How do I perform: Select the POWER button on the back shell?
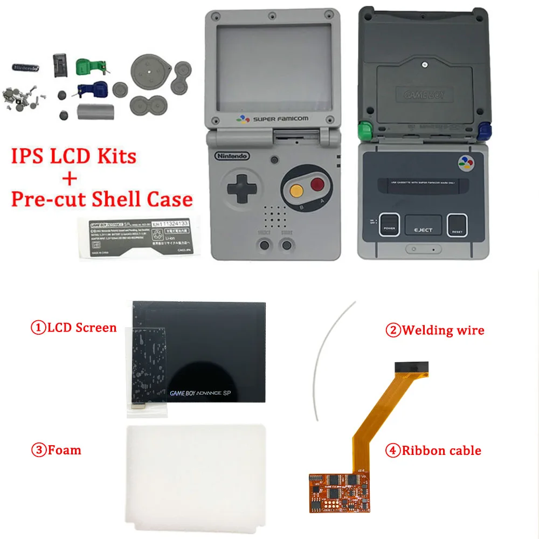[389, 224]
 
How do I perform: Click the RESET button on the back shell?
[458, 224]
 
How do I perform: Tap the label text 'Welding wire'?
[442, 330]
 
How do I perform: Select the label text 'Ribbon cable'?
[441, 451]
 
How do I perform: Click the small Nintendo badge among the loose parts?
[25, 68]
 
